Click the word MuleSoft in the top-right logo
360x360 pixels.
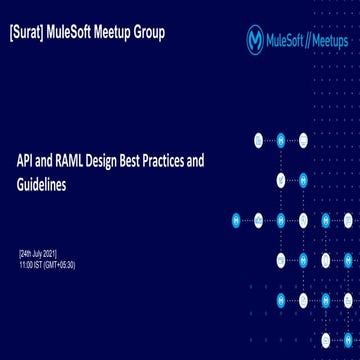pos(286,41)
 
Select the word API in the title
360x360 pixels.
pos(27,160)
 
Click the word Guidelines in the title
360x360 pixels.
pos(42,185)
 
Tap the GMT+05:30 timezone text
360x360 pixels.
pos(60,265)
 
